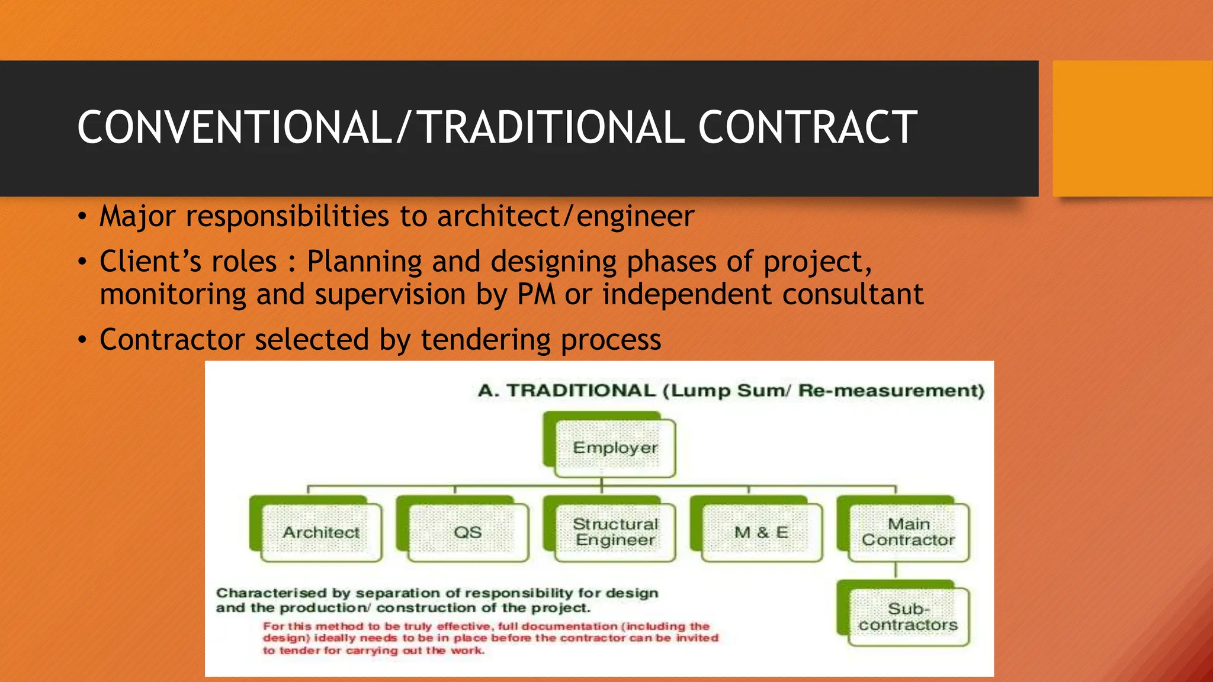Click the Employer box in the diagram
(x=615, y=448)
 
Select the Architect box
(x=321, y=532)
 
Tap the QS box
(x=468, y=532)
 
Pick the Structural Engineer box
(x=615, y=532)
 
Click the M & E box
(x=762, y=532)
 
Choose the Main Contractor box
(x=909, y=532)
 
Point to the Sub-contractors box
(x=909, y=617)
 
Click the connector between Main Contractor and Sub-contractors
(x=896, y=571)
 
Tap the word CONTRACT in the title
(x=808, y=128)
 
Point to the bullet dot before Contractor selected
(x=82, y=340)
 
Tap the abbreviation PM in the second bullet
(x=536, y=295)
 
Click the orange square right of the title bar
(x=1132, y=128)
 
